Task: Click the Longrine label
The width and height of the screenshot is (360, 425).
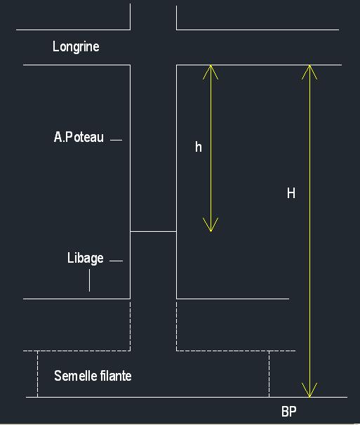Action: [x=76, y=46]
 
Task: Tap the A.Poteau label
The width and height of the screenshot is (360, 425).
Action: [x=79, y=137]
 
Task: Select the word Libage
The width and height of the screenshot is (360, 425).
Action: [x=86, y=259]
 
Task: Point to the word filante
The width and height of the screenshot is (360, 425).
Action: [x=116, y=376]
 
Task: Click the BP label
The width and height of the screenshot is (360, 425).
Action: [x=289, y=412]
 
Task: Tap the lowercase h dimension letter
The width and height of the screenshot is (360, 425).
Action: [x=199, y=147]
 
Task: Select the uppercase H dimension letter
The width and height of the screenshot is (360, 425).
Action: [x=291, y=193]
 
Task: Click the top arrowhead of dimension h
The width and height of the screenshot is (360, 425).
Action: [x=211, y=72]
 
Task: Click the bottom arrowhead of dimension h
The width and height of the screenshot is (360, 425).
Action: [x=211, y=224]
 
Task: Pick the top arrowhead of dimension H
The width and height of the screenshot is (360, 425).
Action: [x=309, y=72]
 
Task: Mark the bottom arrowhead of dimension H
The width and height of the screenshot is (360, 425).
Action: [x=309, y=390]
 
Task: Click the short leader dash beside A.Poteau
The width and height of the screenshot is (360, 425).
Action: [x=116, y=140]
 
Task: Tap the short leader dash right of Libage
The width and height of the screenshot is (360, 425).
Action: [x=116, y=261]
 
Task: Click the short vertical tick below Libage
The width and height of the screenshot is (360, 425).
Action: [x=90, y=280]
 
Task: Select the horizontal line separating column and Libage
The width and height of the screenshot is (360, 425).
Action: [x=154, y=232]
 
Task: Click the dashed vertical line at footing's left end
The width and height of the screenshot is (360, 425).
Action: [x=37, y=374]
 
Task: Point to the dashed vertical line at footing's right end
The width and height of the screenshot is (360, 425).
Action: [x=269, y=374]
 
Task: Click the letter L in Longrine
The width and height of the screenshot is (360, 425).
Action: [x=55, y=46]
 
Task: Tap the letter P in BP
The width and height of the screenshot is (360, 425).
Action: [x=293, y=412]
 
